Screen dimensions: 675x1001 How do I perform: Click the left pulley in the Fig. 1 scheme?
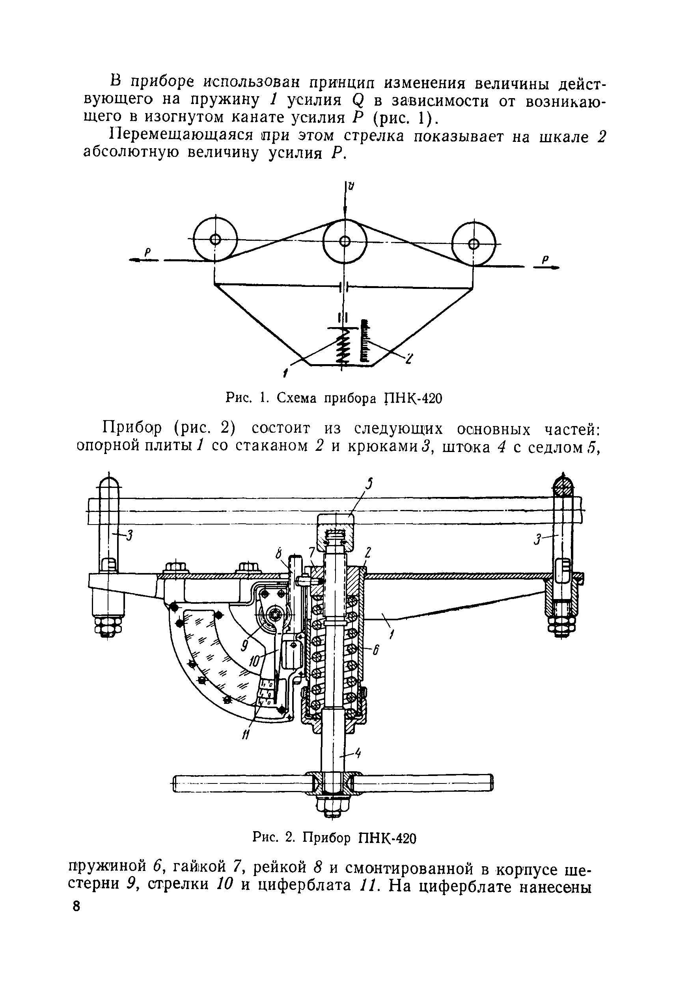[215, 239]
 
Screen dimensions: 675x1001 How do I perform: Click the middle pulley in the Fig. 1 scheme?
[344, 241]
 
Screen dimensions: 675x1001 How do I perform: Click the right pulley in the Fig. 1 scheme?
[474, 244]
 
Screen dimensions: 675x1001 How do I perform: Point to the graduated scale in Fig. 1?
[364, 342]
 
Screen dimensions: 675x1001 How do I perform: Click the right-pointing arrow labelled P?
[547, 267]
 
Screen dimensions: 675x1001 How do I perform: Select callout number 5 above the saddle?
[369, 484]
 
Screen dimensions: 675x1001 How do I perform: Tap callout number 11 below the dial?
[245, 736]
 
